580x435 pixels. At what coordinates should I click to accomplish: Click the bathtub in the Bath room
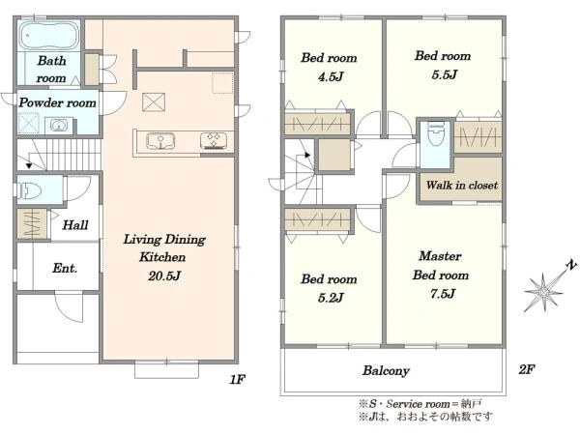(49, 35)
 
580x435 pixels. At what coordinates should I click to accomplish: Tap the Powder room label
(57, 102)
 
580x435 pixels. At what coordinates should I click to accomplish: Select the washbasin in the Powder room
(58, 125)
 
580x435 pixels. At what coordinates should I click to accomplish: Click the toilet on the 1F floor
(29, 190)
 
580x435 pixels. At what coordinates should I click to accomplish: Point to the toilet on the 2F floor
(435, 134)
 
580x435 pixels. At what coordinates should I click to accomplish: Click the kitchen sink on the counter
(160, 141)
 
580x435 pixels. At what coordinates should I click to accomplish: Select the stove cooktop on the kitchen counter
(214, 141)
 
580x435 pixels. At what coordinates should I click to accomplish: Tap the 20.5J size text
(164, 275)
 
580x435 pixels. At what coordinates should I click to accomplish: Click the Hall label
(75, 224)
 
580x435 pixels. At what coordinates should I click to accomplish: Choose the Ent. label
(65, 268)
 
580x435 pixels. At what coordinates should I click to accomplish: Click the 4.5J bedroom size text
(331, 76)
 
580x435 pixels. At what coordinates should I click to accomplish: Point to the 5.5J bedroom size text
(445, 74)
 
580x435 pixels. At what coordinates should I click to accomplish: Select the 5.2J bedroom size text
(331, 297)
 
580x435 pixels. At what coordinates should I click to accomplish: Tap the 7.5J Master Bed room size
(443, 294)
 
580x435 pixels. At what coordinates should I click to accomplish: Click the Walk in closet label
(462, 185)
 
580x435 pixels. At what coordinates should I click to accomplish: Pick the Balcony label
(386, 370)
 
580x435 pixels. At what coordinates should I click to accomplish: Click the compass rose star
(543, 292)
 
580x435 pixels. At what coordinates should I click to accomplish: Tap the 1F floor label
(237, 379)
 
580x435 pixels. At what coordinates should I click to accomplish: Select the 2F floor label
(527, 369)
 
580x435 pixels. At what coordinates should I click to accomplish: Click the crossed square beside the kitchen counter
(154, 102)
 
